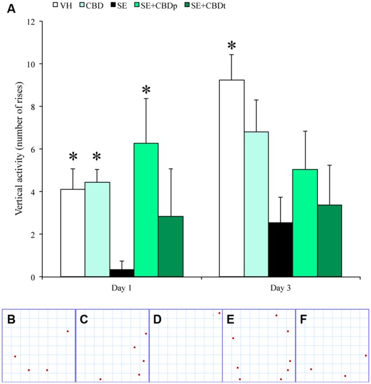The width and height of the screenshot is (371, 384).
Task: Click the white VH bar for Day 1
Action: (73, 233)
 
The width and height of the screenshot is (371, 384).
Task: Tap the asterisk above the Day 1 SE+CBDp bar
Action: (146, 90)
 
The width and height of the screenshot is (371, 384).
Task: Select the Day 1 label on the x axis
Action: (121, 287)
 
